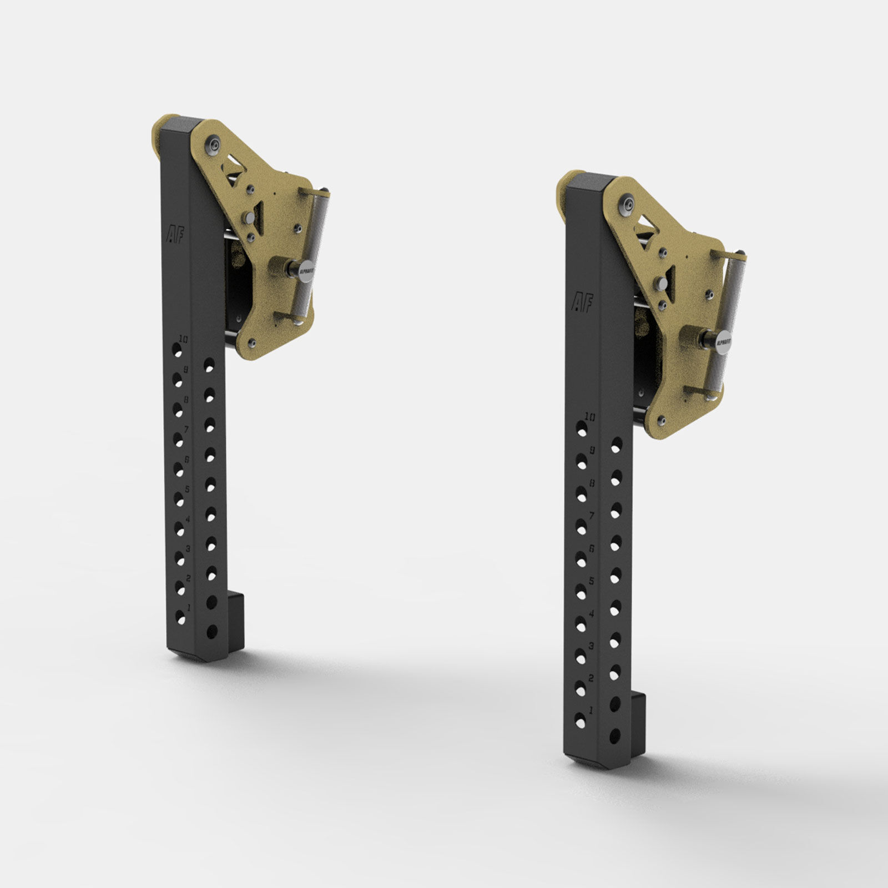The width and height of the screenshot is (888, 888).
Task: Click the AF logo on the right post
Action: [x=582, y=302]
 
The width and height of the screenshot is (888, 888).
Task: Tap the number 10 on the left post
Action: [x=184, y=338]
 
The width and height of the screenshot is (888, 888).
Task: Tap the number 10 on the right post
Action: [x=589, y=417]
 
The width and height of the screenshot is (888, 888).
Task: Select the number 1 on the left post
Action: [x=189, y=608]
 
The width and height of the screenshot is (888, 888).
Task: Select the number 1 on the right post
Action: [x=591, y=710]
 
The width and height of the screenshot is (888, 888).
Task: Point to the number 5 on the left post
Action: [x=188, y=489]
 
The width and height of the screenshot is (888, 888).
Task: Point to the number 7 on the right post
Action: [x=592, y=516]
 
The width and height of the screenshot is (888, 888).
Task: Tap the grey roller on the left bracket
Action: [x=317, y=255]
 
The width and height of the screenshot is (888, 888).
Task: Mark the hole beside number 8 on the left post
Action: [x=178, y=410]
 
